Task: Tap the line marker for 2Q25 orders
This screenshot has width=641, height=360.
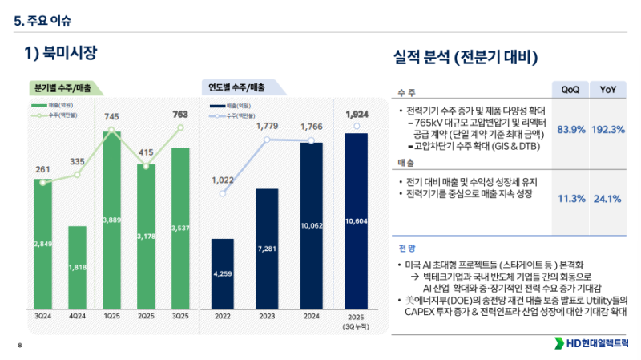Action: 146,166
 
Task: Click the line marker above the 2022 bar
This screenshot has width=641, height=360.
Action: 223,193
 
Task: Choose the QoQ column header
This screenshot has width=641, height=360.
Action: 570,90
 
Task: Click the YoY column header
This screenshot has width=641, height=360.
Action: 607,90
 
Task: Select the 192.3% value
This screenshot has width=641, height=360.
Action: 607,130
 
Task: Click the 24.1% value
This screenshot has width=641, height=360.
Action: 607,199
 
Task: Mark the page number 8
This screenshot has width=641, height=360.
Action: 18,346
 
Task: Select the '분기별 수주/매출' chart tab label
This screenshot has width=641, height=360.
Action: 62,87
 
